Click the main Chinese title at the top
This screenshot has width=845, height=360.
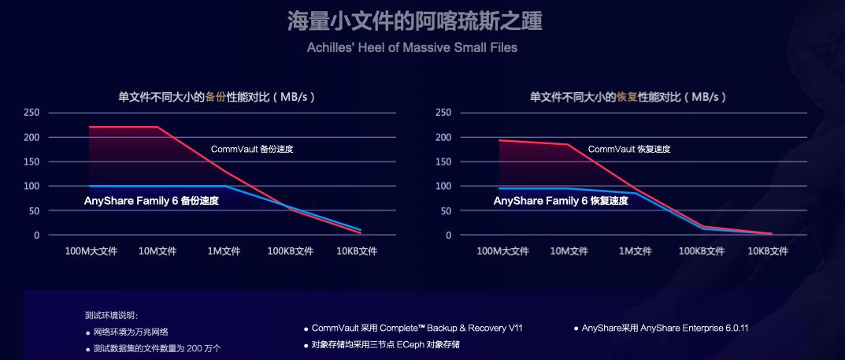point(414,21)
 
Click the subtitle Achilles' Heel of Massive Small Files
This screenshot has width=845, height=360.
point(412,47)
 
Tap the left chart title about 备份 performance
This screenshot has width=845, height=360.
point(217,97)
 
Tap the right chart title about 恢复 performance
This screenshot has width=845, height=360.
point(628,97)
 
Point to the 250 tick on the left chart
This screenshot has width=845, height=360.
point(32,113)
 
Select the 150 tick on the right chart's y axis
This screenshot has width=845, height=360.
point(443,161)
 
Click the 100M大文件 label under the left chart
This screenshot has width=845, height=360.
point(91,251)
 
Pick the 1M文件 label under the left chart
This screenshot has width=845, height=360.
point(224,251)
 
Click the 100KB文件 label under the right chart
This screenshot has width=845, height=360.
point(701,251)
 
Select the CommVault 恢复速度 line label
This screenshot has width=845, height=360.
point(629,149)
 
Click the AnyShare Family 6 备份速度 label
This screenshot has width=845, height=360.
point(151,201)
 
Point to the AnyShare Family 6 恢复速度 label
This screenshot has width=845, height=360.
point(561,201)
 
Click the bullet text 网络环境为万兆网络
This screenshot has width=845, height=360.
point(131,332)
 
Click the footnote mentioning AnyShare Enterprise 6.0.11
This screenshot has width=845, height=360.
point(664,328)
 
